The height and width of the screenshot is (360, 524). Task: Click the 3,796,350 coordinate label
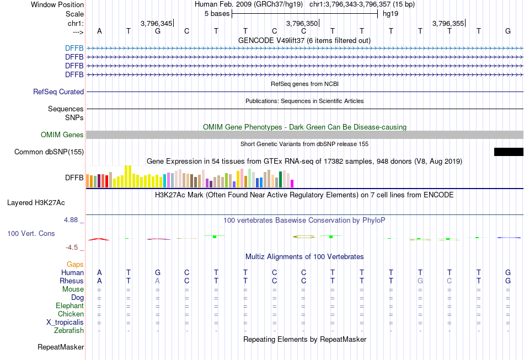click(x=302, y=23)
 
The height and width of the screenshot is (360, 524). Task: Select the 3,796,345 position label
click(x=156, y=23)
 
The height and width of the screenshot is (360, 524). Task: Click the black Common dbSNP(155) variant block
click(x=509, y=152)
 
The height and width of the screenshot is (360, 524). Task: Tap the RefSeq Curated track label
click(x=58, y=92)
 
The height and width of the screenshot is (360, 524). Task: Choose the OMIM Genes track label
click(x=62, y=135)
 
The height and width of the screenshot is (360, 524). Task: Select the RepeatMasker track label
click(x=61, y=347)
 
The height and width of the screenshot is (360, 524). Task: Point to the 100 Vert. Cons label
click(x=31, y=234)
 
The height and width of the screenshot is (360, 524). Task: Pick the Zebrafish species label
click(x=69, y=331)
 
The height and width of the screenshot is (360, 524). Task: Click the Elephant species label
click(x=69, y=306)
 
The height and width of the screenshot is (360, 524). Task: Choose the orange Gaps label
click(x=75, y=265)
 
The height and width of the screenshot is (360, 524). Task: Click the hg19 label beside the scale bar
click(x=390, y=13)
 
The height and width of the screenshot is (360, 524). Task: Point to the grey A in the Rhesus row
click(x=158, y=281)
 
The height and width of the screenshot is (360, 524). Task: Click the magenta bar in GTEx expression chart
click(x=292, y=183)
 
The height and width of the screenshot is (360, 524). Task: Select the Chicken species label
click(x=71, y=314)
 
